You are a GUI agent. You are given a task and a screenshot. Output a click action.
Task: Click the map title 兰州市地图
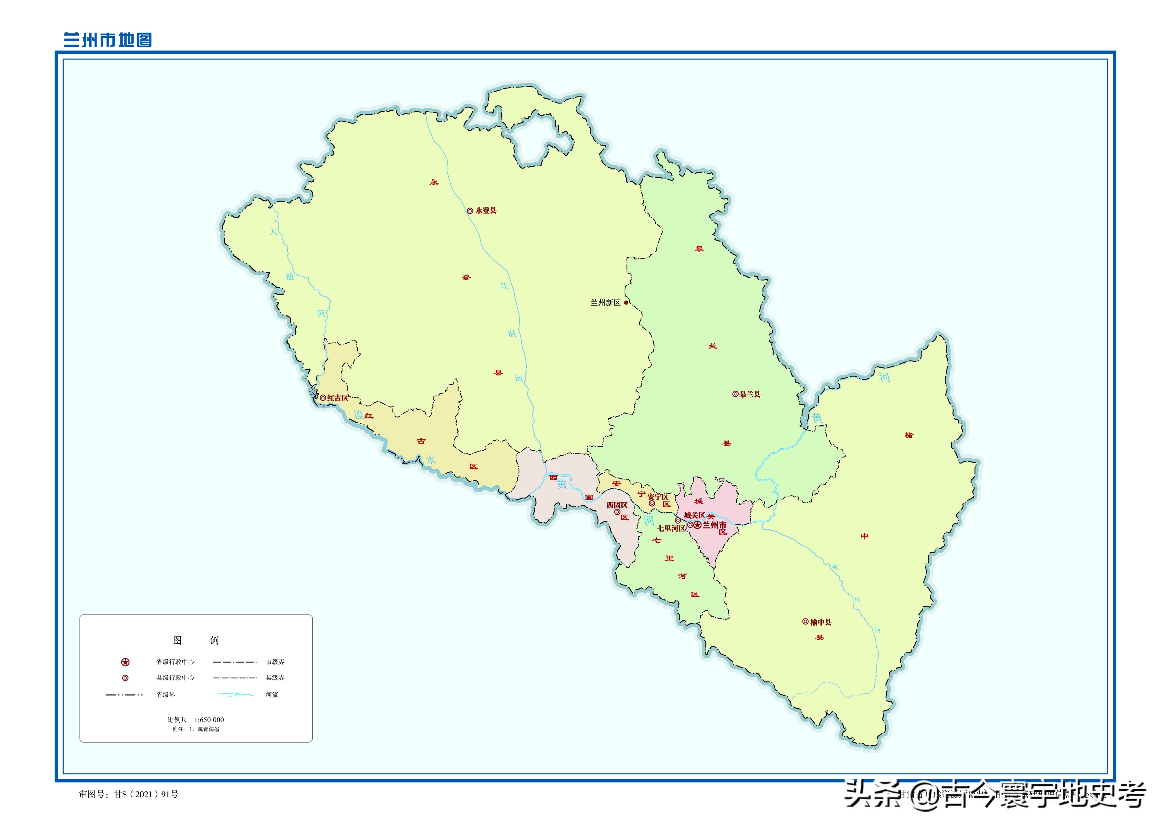tap(108, 40)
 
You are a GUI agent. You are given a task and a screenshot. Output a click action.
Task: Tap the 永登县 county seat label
tap(486, 210)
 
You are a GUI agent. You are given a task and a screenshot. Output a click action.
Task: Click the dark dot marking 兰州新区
tap(626, 303)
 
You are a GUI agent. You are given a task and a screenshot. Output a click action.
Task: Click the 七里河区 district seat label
tap(672, 528)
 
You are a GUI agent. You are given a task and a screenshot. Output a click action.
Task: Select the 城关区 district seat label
tap(694, 515)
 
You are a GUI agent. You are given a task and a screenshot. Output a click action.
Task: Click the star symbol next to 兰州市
tap(697, 525)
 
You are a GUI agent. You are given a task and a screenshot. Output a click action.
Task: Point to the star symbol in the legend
tap(125, 662)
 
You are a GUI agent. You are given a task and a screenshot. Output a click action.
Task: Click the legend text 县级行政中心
tap(175, 678)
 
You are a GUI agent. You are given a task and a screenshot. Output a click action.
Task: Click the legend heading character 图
tap(178, 640)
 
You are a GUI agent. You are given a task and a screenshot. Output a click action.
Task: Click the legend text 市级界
tap(275, 662)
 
